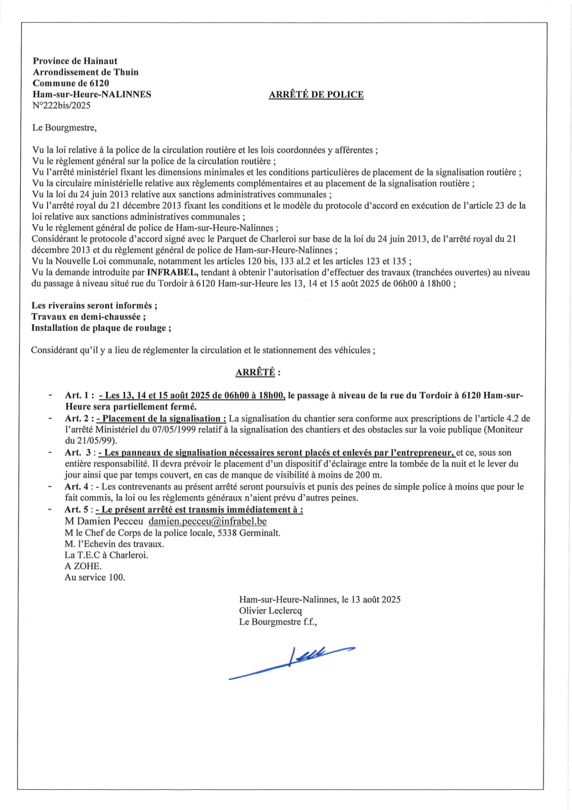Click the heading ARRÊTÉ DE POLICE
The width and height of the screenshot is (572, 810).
pyautogui.click(x=316, y=95)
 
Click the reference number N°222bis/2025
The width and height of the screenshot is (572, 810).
pyautogui.click(x=61, y=105)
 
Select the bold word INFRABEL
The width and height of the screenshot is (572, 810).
pyautogui.click(x=172, y=272)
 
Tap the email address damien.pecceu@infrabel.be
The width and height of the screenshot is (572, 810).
pyautogui.click(x=208, y=521)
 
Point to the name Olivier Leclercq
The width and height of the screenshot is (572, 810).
pyautogui.click(x=270, y=611)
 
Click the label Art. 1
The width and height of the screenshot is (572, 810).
pyautogui.click(x=79, y=395)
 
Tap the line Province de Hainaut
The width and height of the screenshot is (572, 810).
pyautogui.click(x=75, y=61)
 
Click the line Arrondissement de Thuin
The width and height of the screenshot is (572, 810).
pyautogui.click(x=86, y=72)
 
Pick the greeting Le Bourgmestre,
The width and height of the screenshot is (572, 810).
pyautogui.click(x=64, y=128)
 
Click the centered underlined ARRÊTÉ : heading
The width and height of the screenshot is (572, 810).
pyautogui.click(x=258, y=373)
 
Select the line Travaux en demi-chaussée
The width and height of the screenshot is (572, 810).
pyautogui.click(x=89, y=317)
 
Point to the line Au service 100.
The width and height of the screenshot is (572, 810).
pyautogui.click(x=95, y=577)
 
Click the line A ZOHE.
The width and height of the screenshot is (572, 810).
pyautogui.click(x=83, y=566)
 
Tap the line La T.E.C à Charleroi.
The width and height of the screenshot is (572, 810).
pyautogui.click(x=106, y=555)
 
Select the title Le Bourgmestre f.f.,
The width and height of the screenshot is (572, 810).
pyautogui.click(x=278, y=622)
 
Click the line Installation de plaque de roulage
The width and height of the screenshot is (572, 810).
pyautogui.click(x=101, y=328)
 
